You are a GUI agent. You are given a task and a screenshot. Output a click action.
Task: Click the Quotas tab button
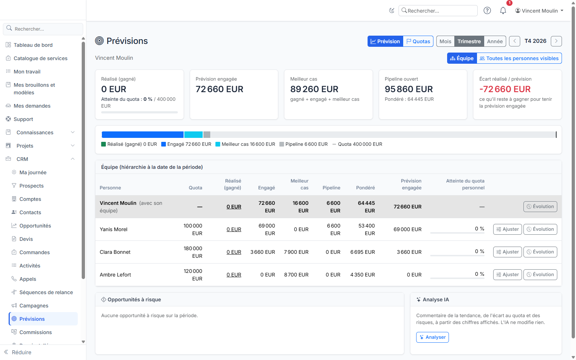pos(418,41)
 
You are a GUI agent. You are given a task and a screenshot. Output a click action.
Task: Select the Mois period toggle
pos(445,41)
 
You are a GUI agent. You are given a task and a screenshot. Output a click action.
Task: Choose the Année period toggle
pos(495,41)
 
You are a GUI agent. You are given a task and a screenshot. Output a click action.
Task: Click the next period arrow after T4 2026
pos(556,41)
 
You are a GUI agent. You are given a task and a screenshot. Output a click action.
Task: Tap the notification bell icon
pos(503,10)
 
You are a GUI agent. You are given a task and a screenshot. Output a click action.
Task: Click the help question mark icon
pos(487,10)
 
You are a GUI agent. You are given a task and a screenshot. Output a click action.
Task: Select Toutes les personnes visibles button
pos(519,58)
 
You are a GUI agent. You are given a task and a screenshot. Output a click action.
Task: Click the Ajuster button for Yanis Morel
pos(507,229)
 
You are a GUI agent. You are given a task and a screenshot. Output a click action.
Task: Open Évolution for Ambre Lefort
pos(540,275)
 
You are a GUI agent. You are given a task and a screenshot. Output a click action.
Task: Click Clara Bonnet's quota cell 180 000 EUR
pos(193,252)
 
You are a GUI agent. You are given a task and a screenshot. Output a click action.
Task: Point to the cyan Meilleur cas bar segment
pos(193,135)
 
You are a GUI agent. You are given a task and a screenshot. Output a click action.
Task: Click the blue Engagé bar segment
pos(143,135)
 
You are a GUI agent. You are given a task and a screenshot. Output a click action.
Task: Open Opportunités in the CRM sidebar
pos(35,225)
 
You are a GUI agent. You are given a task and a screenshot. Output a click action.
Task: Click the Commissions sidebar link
pos(36,332)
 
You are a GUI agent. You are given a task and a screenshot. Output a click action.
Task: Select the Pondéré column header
pos(365,188)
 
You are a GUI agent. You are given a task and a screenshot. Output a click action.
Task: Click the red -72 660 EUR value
pos(505,89)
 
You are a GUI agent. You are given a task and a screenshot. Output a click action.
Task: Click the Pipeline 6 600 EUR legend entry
pos(303,144)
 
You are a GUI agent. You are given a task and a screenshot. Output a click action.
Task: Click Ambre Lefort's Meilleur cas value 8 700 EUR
pos(296,275)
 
